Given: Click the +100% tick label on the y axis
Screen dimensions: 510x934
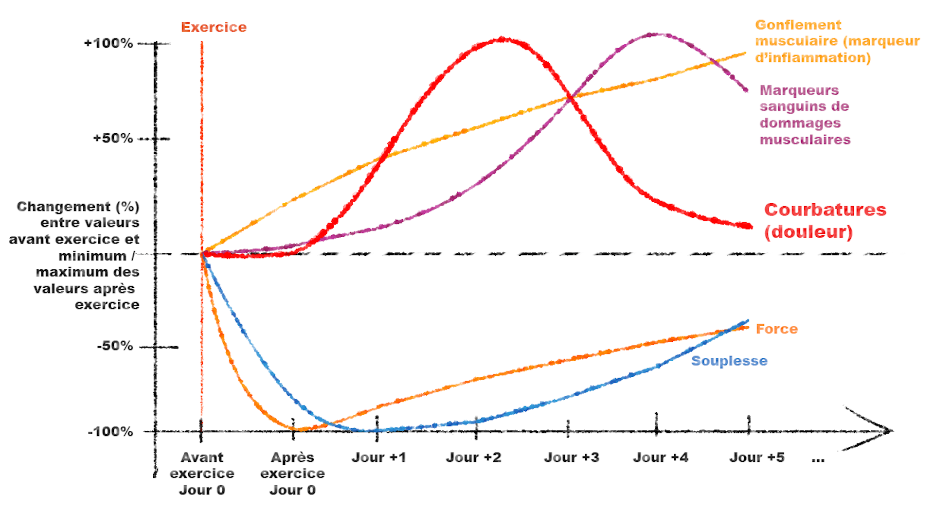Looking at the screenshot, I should [108, 43].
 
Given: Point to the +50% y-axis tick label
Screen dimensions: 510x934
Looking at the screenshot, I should [113, 138].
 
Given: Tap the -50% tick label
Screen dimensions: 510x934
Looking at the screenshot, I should [115, 346].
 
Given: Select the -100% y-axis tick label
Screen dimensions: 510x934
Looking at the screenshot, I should [110, 431].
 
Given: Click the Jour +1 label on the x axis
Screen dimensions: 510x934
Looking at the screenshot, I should [378, 457].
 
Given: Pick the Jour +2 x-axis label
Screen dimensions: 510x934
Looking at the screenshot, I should [473, 457].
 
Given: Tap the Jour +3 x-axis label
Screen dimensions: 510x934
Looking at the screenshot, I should [571, 457].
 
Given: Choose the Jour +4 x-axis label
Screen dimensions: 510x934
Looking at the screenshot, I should [661, 457].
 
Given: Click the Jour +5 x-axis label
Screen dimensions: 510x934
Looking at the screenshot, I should [756, 457].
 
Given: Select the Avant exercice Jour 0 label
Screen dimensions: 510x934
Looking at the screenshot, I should [202, 473].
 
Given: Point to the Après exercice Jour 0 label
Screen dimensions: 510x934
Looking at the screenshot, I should [292, 473].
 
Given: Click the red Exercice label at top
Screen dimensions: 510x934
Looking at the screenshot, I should [214, 27].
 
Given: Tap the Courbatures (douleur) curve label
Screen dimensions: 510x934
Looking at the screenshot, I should [825, 220].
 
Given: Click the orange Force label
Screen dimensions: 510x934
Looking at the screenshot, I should [776, 329].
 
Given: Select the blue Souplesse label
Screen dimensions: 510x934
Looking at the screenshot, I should [729, 361].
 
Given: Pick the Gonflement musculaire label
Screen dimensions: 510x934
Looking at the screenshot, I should [837, 41].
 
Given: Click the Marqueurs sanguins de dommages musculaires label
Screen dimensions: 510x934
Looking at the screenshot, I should [805, 115].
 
